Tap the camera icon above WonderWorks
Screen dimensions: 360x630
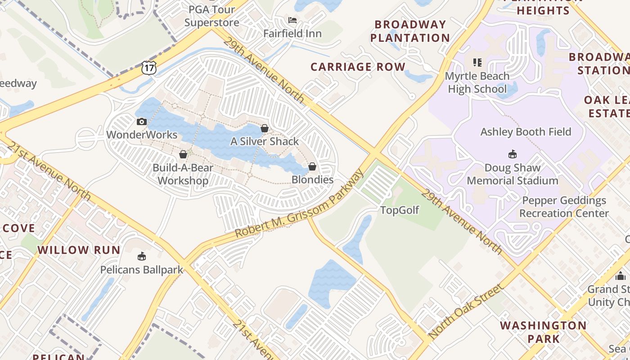pyautogui.click(x=142, y=121)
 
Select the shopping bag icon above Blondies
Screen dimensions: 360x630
pyautogui.click(x=312, y=166)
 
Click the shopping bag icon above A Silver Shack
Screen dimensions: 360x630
pyautogui.click(x=265, y=128)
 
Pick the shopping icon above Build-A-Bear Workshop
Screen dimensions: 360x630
pyautogui.click(x=183, y=155)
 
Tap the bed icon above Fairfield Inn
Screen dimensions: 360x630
pyautogui.click(x=292, y=20)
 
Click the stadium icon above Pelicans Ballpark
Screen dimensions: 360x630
pyautogui.click(x=142, y=256)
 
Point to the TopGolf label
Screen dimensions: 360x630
pyautogui.click(x=400, y=210)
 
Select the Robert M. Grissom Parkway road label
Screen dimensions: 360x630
pyautogui.click(x=299, y=205)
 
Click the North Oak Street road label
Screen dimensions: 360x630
pyautogui.click(x=466, y=311)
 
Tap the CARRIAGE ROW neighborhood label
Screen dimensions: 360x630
pyautogui.click(x=358, y=67)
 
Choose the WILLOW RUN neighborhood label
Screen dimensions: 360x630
pyautogui.click(x=79, y=250)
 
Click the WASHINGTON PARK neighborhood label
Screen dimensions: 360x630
pyautogui.click(x=543, y=332)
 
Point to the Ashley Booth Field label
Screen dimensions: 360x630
pyautogui.click(x=526, y=132)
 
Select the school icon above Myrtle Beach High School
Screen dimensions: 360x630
pyautogui.click(x=477, y=63)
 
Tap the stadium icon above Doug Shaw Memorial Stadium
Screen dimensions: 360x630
pyautogui.click(x=512, y=155)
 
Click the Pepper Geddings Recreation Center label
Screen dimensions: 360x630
pyautogui.click(x=564, y=207)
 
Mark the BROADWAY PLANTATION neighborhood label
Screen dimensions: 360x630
pyautogui.click(x=410, y=31)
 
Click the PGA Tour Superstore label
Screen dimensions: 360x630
pyautogui.click(x=211, y=16)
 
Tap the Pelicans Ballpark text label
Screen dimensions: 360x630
pyautogui.click(x=142, y=270)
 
